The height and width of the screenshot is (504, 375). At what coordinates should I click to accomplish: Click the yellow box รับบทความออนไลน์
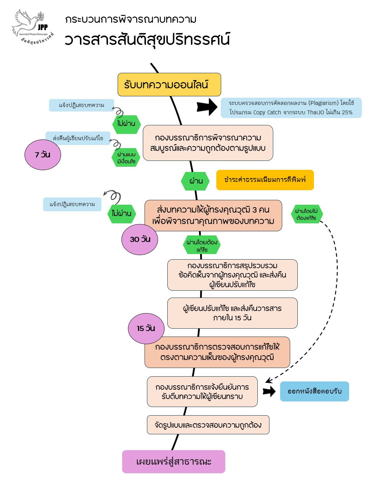click(x=169, y=85)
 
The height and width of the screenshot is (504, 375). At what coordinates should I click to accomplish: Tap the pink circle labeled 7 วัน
click(x=43, y=155)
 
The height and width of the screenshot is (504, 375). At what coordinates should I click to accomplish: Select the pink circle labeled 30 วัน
click(x=140, y=240)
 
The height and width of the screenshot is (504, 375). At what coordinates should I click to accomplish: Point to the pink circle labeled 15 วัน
click(x=146, y=328)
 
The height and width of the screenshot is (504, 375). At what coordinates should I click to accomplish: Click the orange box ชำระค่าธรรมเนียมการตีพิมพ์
click(x=265, y=180)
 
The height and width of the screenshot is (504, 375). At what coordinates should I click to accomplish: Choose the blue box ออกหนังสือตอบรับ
click(x=314, y=391)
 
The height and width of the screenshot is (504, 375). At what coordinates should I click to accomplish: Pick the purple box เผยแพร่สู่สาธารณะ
click(x=174, y=462)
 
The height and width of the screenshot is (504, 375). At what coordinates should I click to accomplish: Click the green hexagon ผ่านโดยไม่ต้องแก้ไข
click(x=307, y=214)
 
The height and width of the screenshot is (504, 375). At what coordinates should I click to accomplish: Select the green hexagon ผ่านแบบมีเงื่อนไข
click(x=126, y=158)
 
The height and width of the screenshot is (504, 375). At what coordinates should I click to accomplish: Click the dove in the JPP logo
click(x=27, y=22)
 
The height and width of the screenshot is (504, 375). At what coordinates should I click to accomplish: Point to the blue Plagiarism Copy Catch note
click(x=291, y=108)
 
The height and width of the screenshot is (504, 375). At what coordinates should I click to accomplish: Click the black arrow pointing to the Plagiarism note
click(x=207, y=107)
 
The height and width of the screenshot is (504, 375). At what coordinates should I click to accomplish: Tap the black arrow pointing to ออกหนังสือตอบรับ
click(x=269, y=391)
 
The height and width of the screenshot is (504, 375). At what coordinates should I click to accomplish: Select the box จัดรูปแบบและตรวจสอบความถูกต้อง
click(x=208, y=425)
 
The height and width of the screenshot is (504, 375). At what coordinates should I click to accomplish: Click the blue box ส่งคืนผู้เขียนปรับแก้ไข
click(x=78, y=138)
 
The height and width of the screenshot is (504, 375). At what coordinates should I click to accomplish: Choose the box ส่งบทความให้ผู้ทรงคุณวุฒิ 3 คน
click(x=213, y=215)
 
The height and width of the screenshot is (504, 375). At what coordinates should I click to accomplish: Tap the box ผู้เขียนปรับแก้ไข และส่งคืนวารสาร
click(x=233, y=313)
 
